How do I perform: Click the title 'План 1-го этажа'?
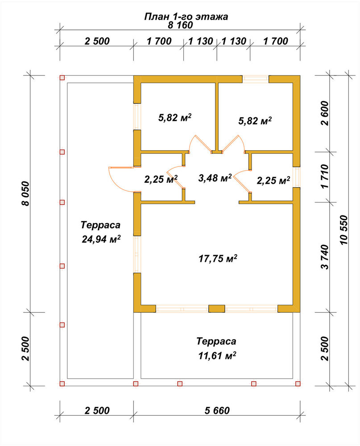coord(186,17)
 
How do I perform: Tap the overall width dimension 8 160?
coord(180,25)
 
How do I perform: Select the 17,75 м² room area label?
coord(218,259)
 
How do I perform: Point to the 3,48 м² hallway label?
coord(215,178)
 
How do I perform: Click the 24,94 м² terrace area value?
coord(101,239)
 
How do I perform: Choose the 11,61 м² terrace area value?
coord(217,355)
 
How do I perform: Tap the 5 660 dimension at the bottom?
coord(217,410)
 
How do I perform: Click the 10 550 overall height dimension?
coord(343,230)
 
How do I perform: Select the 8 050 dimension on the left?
coord(25,194)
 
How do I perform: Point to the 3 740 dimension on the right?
coord(324,257)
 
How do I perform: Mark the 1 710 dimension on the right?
coord(324,176)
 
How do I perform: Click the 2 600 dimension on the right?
coord(324,113)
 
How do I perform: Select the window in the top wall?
coord(256,79)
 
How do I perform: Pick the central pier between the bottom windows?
coord(217,309)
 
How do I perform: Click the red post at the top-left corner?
coord(62,78)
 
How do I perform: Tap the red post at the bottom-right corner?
coord(298,384)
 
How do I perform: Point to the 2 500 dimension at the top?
coord(97,41)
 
